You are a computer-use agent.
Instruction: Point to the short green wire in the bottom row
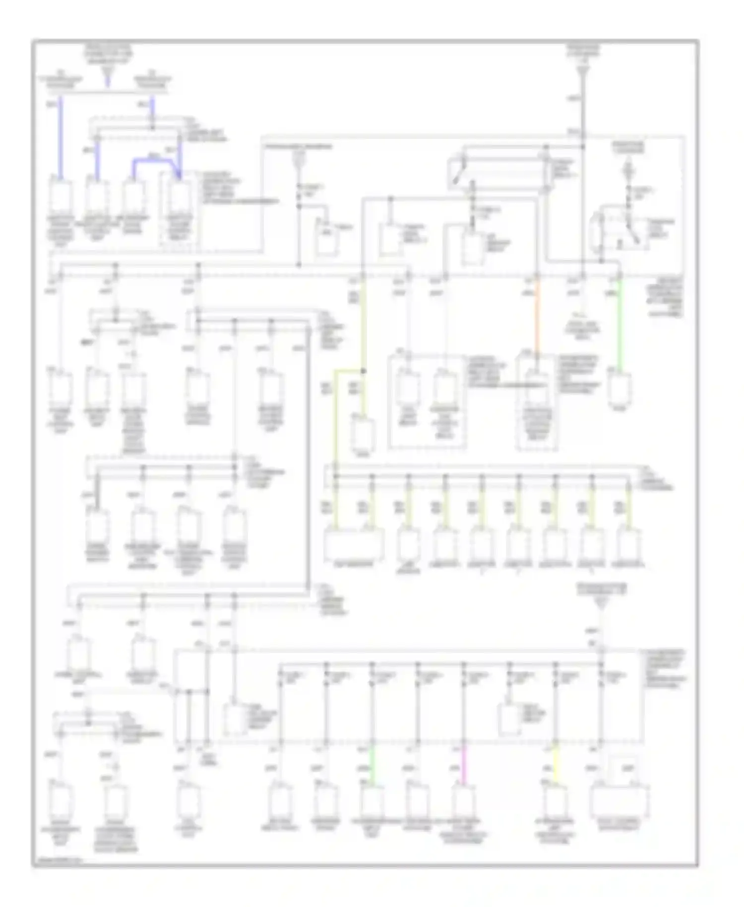(372, 769)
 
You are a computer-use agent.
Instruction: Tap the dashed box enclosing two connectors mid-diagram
(427, 402)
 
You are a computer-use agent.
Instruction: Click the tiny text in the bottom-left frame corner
(57, 859)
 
